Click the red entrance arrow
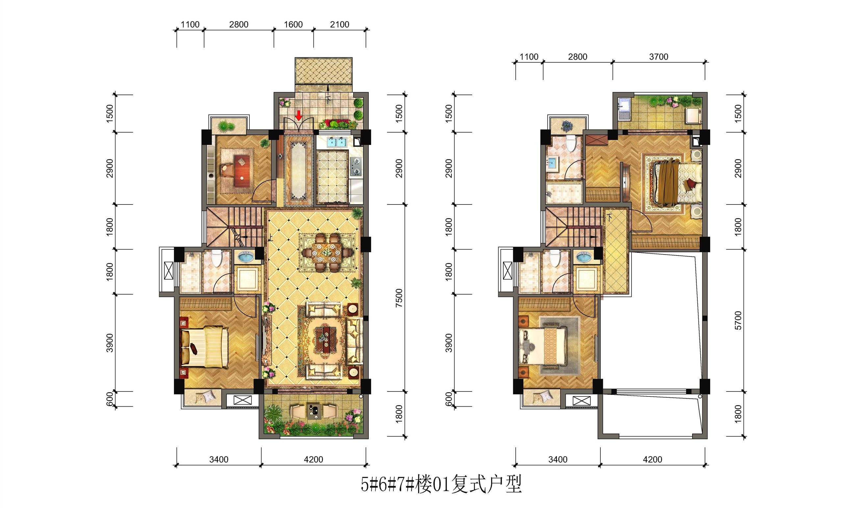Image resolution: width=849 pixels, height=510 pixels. click(x=299, y=116)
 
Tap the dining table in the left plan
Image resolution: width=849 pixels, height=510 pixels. click(x=328, y=253)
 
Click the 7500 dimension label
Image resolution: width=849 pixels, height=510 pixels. click(x=399, y=298)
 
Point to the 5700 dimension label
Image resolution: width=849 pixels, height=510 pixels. click(x=738, y=320)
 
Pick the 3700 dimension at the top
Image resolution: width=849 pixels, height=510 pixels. click(x=659, y=57)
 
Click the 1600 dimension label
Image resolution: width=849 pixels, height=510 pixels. click(x=293, y=24)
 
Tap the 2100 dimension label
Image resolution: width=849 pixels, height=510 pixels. click(x=339, y=24)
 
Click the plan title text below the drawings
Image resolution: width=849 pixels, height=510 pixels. click(x=441, y=484)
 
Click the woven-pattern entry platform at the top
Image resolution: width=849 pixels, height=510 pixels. click(x=323, y=70)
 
